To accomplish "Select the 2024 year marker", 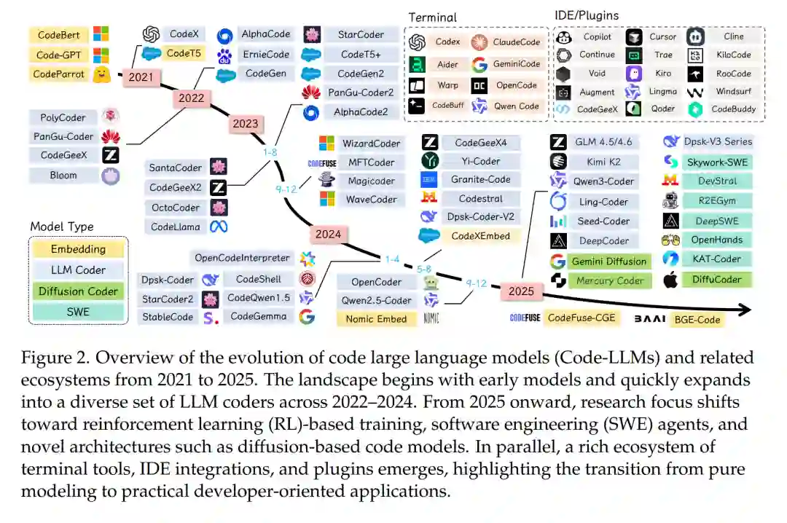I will pyautogui.click(x=327, y=234).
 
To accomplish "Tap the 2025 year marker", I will pyautogui.click(x=521, y=291).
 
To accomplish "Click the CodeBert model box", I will pyautogui.click(x=60, y=35).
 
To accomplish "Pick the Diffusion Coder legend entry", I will pyautogui.click(x=78, y=291).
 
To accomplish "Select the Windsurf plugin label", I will pyautogui.click(x=733, y=92).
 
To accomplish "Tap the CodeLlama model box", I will pyautogui.click(x=176, y=227).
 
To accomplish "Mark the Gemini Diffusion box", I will pyautogui.click(x=609, y=261).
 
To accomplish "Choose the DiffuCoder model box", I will pyautogui.click(x=717, y=278).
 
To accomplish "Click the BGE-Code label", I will pyautogui.click(x=697, y=319).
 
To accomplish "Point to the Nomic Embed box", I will pyautogui.click(x=376, y=318).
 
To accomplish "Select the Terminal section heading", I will pyautogui.click(x=433, y=17).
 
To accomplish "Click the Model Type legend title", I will pyautogui.click(x=62, y=227).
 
